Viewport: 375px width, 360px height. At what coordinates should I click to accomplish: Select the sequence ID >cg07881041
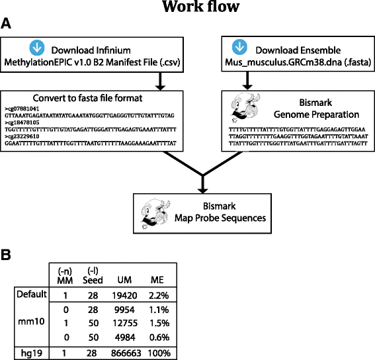pos(22,107)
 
